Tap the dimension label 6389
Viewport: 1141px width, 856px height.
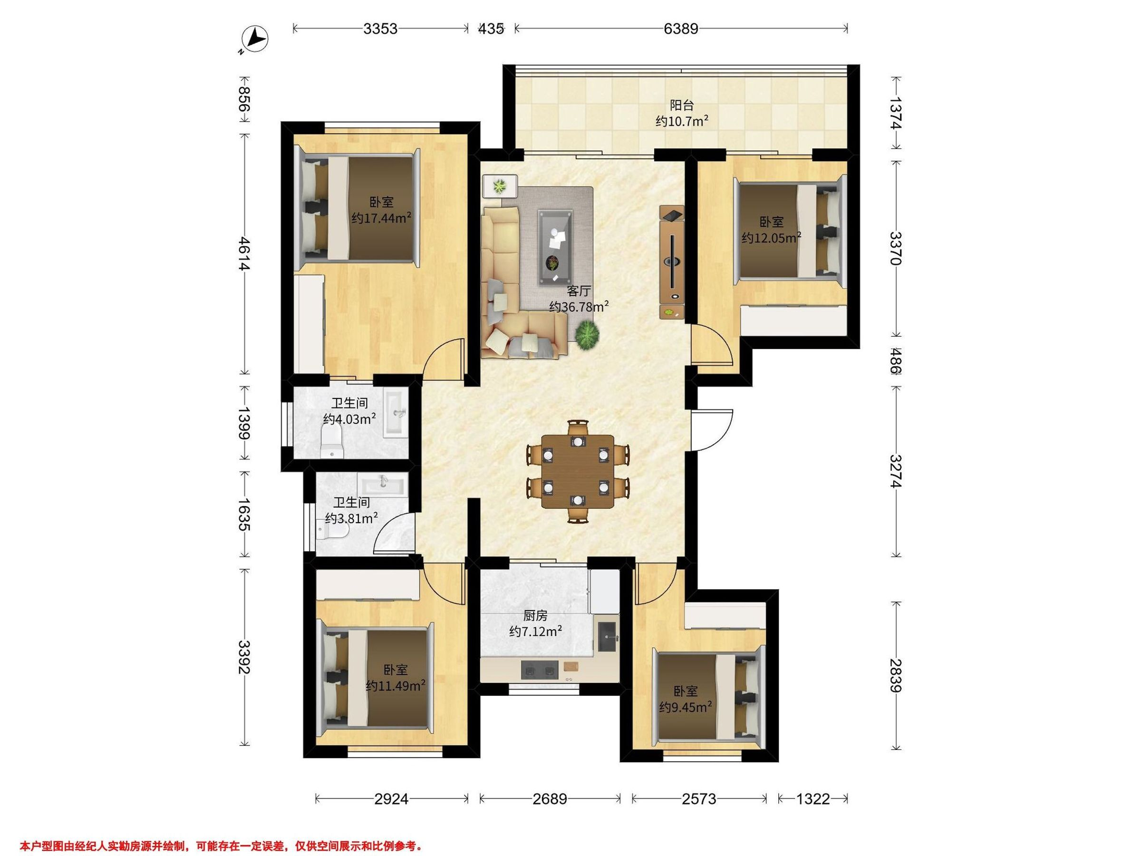pos(681,29)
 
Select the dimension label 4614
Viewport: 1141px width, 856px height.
pos(244,253)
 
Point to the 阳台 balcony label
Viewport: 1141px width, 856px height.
pos(682,106)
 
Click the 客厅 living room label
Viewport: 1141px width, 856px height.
pos(579,291)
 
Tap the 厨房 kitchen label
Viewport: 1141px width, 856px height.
pos(535,615)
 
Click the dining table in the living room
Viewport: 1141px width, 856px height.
pos(578,472)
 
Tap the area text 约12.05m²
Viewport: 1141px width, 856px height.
pos(772,238)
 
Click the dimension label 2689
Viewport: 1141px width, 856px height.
pos(550,799)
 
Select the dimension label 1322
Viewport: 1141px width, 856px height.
pos(813,799)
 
